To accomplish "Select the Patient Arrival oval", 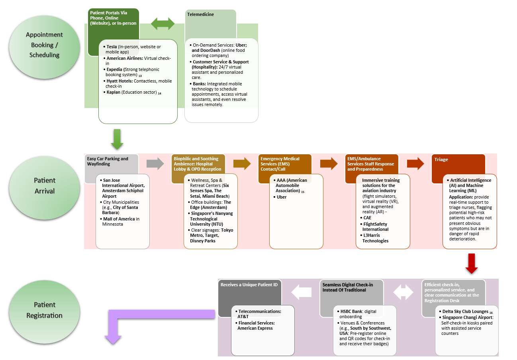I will click(x=44, y=186).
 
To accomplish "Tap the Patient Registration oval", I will click(x=44, y=310).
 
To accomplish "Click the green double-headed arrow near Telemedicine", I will click(x=163, y=24).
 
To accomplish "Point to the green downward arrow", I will click(x=117, y=139).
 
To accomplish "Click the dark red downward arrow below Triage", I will click(x=471, y=264).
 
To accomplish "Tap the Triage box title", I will click(x=441, y=159).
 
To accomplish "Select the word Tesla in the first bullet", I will click(x=112, y=47).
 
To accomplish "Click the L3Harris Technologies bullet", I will click(x=375, y=238).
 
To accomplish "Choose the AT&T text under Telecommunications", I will click(x=243, y=317).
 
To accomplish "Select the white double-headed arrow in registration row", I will click(x=403, y=293).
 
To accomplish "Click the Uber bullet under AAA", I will click(x=282, y=197).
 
